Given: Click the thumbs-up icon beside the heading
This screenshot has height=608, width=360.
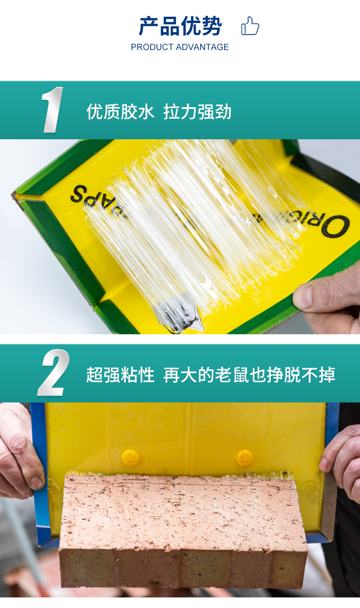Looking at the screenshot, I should point(250,26).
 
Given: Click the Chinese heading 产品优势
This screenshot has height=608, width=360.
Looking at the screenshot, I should point(180,26).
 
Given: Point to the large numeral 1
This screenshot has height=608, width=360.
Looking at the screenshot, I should point(52,110).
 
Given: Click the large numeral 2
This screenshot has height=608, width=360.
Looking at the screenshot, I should point(53,373).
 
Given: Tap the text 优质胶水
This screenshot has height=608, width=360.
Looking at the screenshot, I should point(120,112).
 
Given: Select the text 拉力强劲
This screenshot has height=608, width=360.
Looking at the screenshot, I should point(197,112).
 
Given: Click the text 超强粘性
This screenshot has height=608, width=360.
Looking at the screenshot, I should point(120,375).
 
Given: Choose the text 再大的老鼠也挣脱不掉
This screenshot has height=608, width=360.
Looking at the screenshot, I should point(249,375).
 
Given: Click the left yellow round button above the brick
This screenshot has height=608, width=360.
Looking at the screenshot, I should point(130,457).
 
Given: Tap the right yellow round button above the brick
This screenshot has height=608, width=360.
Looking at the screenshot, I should point(245,458).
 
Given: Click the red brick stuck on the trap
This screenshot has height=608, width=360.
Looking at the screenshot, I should point(182,528).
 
